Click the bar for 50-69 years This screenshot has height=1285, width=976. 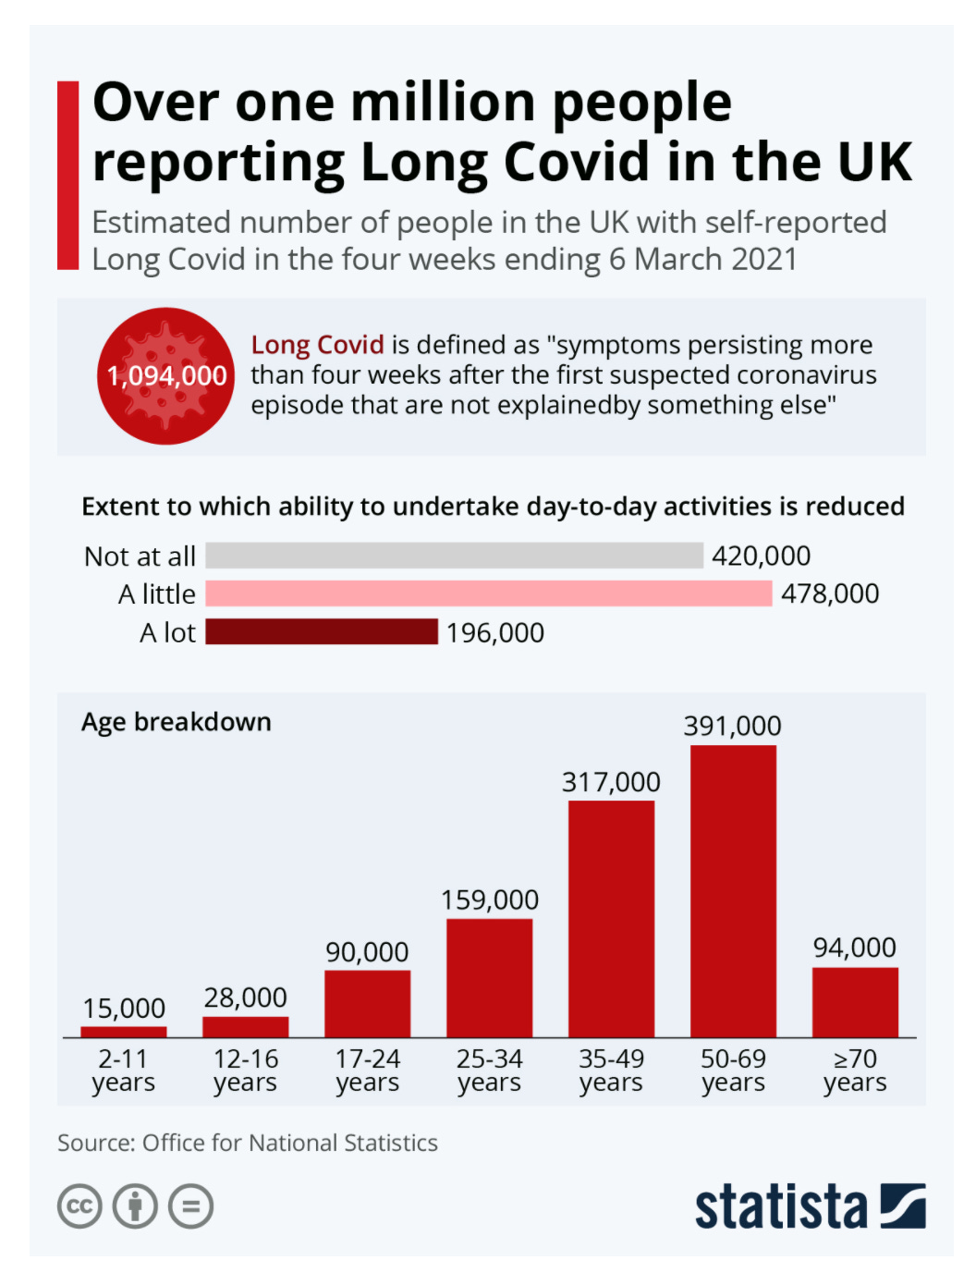[733, 891]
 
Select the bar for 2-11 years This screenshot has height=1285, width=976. [124, 1032]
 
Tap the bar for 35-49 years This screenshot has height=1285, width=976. [611, 919]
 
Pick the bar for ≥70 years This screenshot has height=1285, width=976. [855, 1002]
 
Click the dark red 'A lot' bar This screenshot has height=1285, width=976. [322, 631]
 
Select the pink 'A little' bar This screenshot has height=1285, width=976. [488, 594]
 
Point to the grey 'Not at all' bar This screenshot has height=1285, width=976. [454, 556]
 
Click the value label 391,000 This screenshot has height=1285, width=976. [732, 727]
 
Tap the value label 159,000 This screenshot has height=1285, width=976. [489, 900]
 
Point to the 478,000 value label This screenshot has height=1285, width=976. [830, 594]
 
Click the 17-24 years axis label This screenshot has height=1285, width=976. [367, 1071]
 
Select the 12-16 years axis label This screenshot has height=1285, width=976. [245, 1071]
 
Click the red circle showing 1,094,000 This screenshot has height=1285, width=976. [166, 376]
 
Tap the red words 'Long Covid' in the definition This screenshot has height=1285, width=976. [317, 345]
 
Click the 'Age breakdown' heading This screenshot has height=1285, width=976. [177, 722]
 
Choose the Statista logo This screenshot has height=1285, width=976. [810, 1206]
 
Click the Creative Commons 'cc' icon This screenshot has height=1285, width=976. [79, 1206]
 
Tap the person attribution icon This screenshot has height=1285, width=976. [135, 1206]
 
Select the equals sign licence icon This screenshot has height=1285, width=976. [191, 1206]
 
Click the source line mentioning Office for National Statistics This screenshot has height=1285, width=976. [248, 1144]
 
